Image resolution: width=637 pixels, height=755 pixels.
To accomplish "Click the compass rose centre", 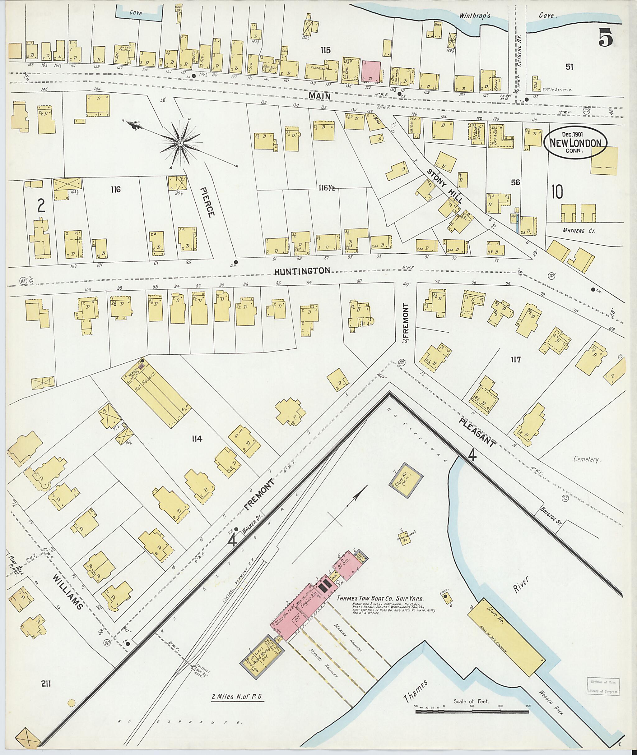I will pos(179,144).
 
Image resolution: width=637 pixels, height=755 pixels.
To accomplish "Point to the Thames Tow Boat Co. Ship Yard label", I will pos(380,598).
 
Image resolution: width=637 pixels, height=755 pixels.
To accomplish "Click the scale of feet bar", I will pos(472,711).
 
